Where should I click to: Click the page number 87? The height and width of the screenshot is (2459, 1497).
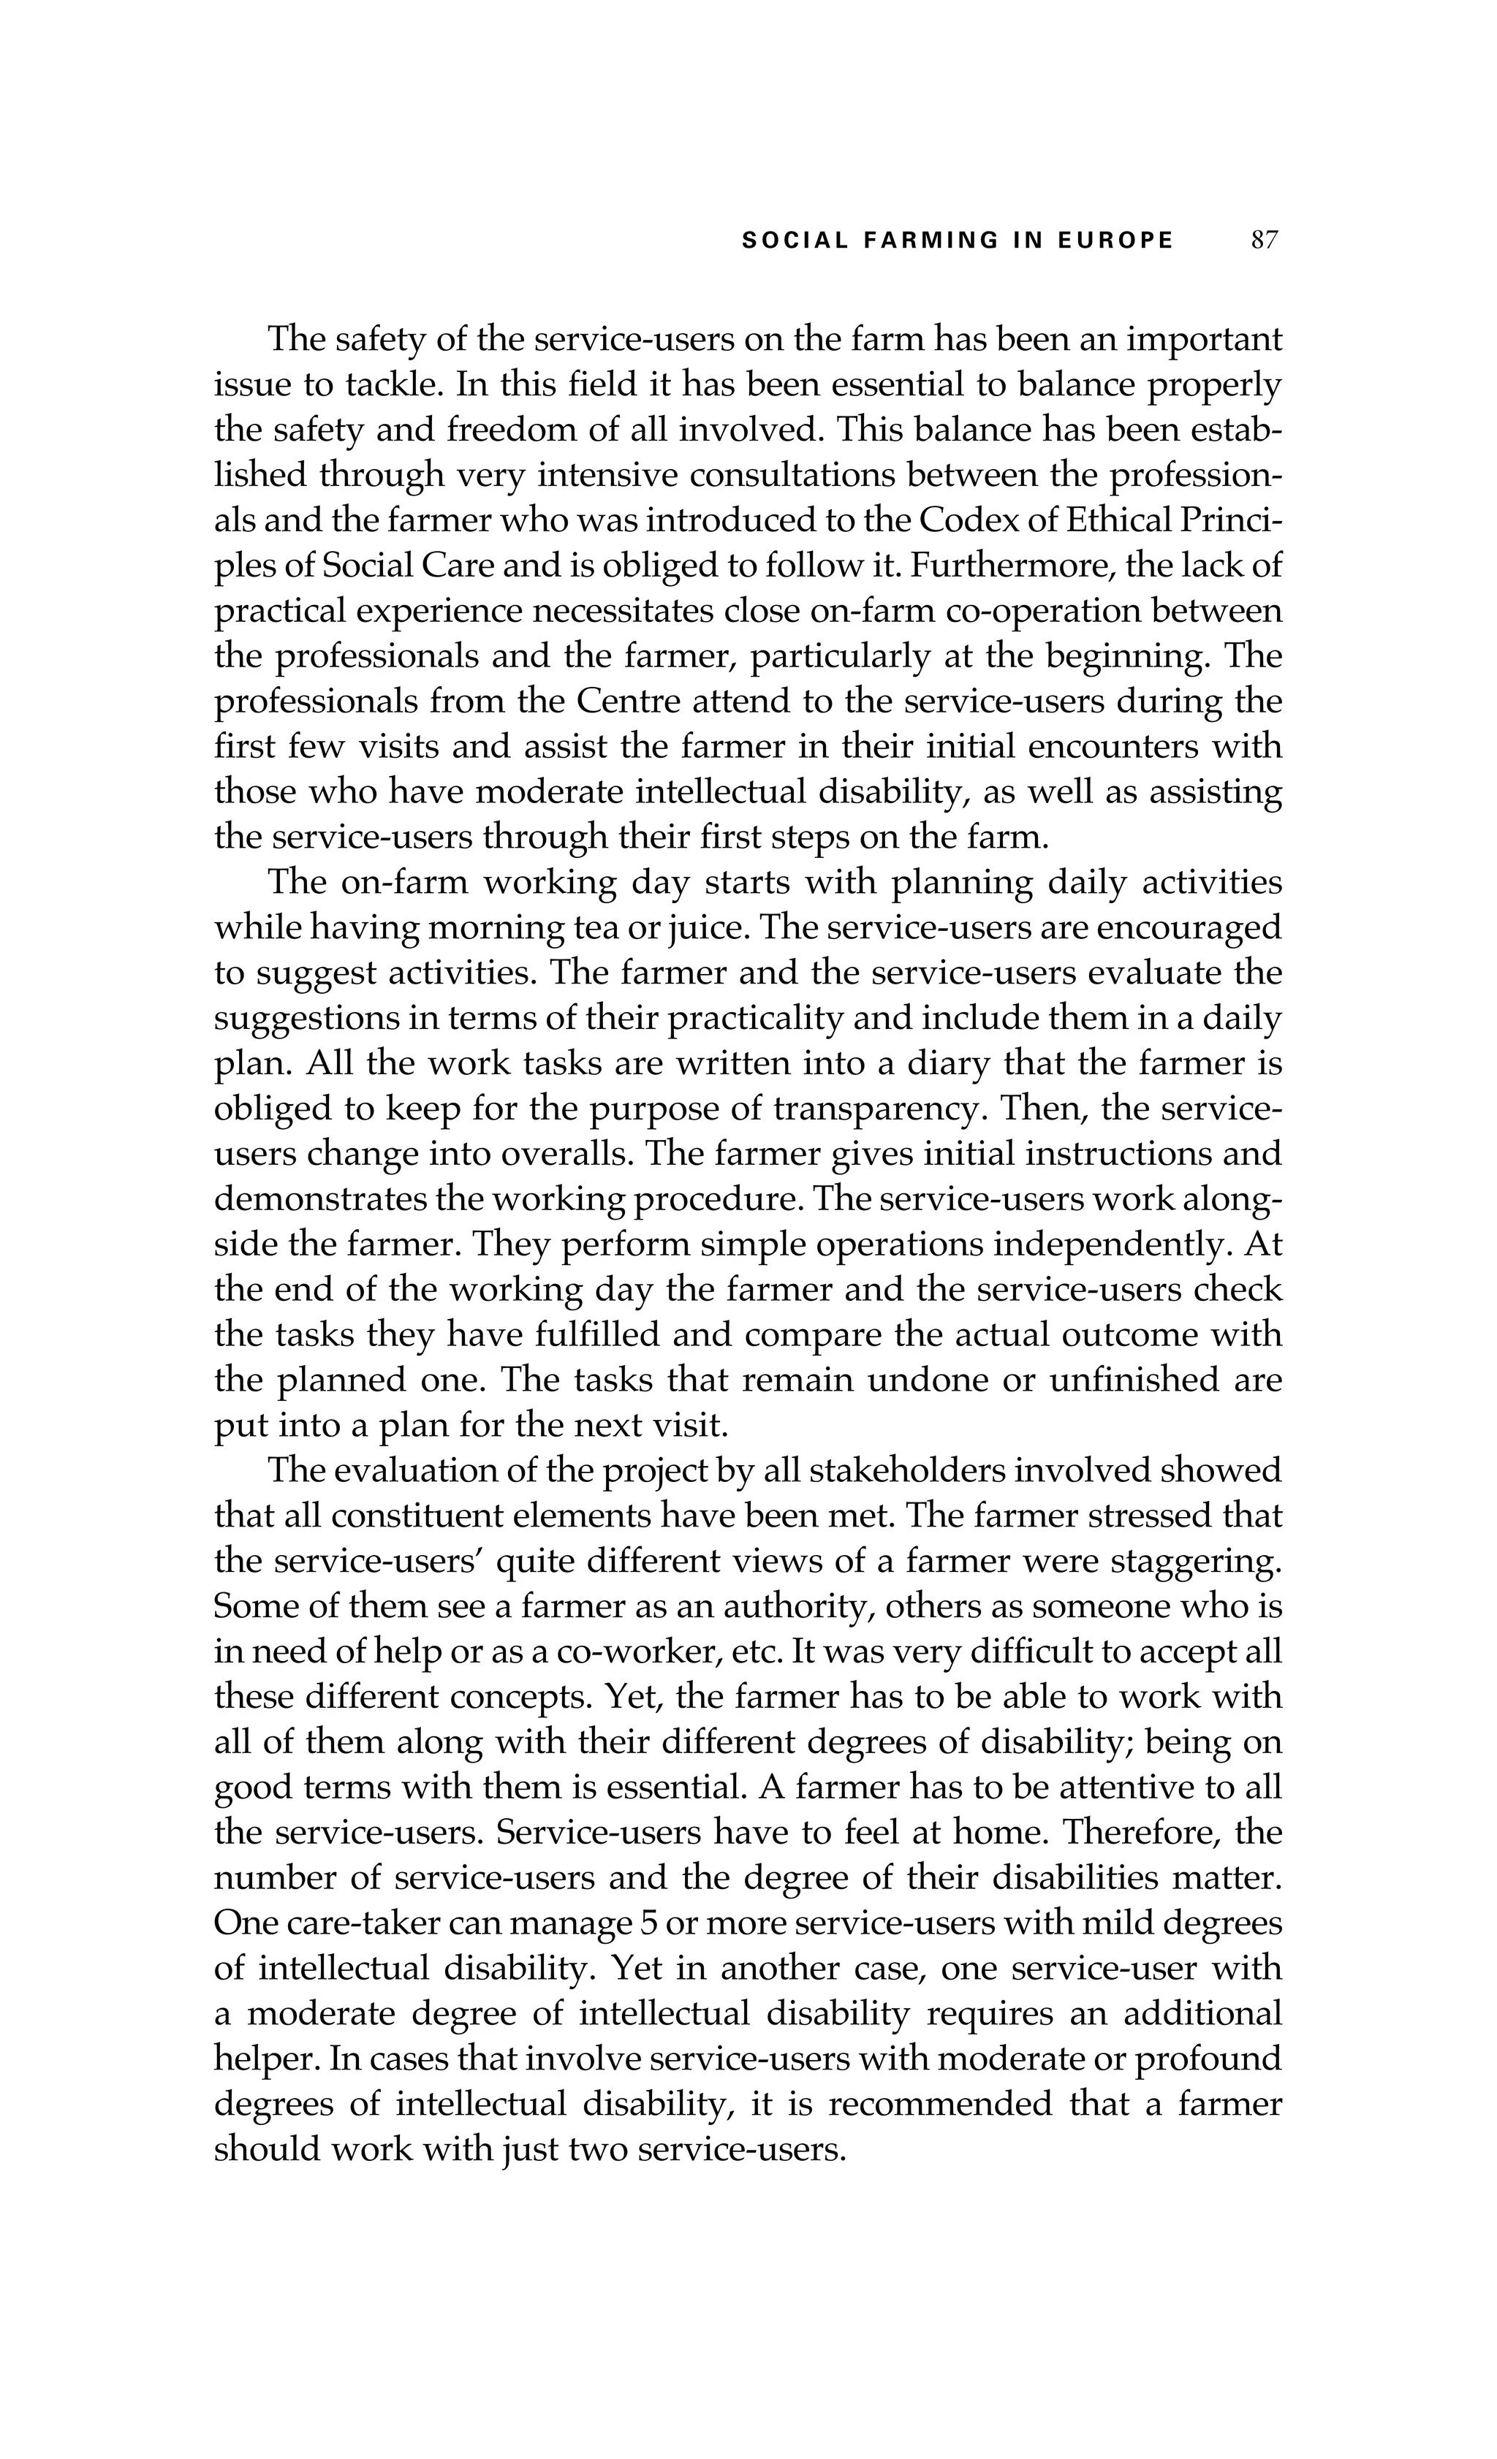point(1264,240)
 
